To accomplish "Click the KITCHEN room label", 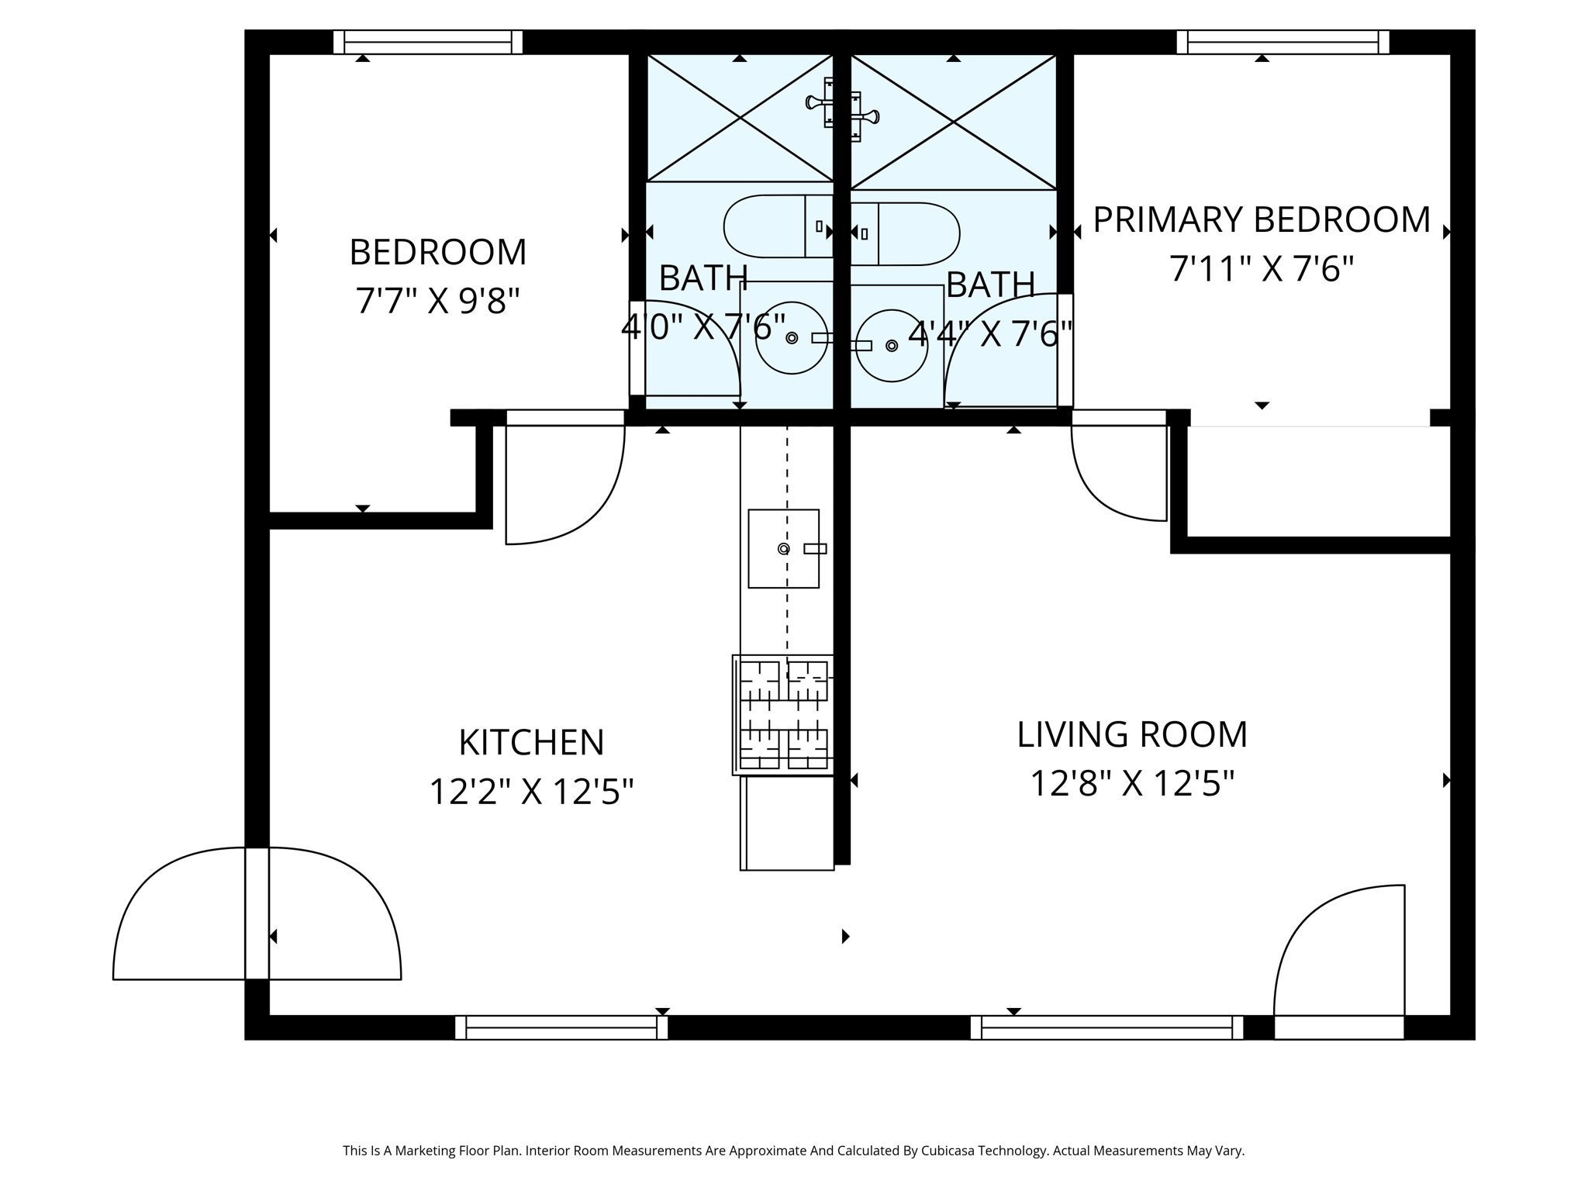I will pos(531,743).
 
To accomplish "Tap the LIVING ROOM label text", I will pos(1131,735).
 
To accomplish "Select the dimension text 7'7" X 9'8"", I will pos(437,301).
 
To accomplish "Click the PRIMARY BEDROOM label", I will pos(1261,220).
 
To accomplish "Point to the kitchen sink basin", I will pos(783,549).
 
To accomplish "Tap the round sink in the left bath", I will pos(791,338).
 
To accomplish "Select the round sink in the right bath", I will pos(892,346).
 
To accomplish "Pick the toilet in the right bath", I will pos(906,233).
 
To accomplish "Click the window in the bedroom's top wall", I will pos(428,42).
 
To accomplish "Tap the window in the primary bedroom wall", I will pos(1282,42).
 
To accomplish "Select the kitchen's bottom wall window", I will pos(561,1027).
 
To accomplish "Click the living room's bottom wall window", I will pos(1106,1027).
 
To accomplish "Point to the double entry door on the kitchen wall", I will pos(257,915).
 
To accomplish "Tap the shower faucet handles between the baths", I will pos(842,110).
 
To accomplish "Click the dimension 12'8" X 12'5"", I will pos(1131,783).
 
